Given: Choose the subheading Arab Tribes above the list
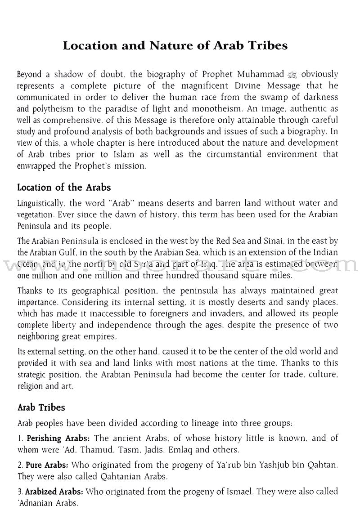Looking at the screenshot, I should [41, 407].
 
